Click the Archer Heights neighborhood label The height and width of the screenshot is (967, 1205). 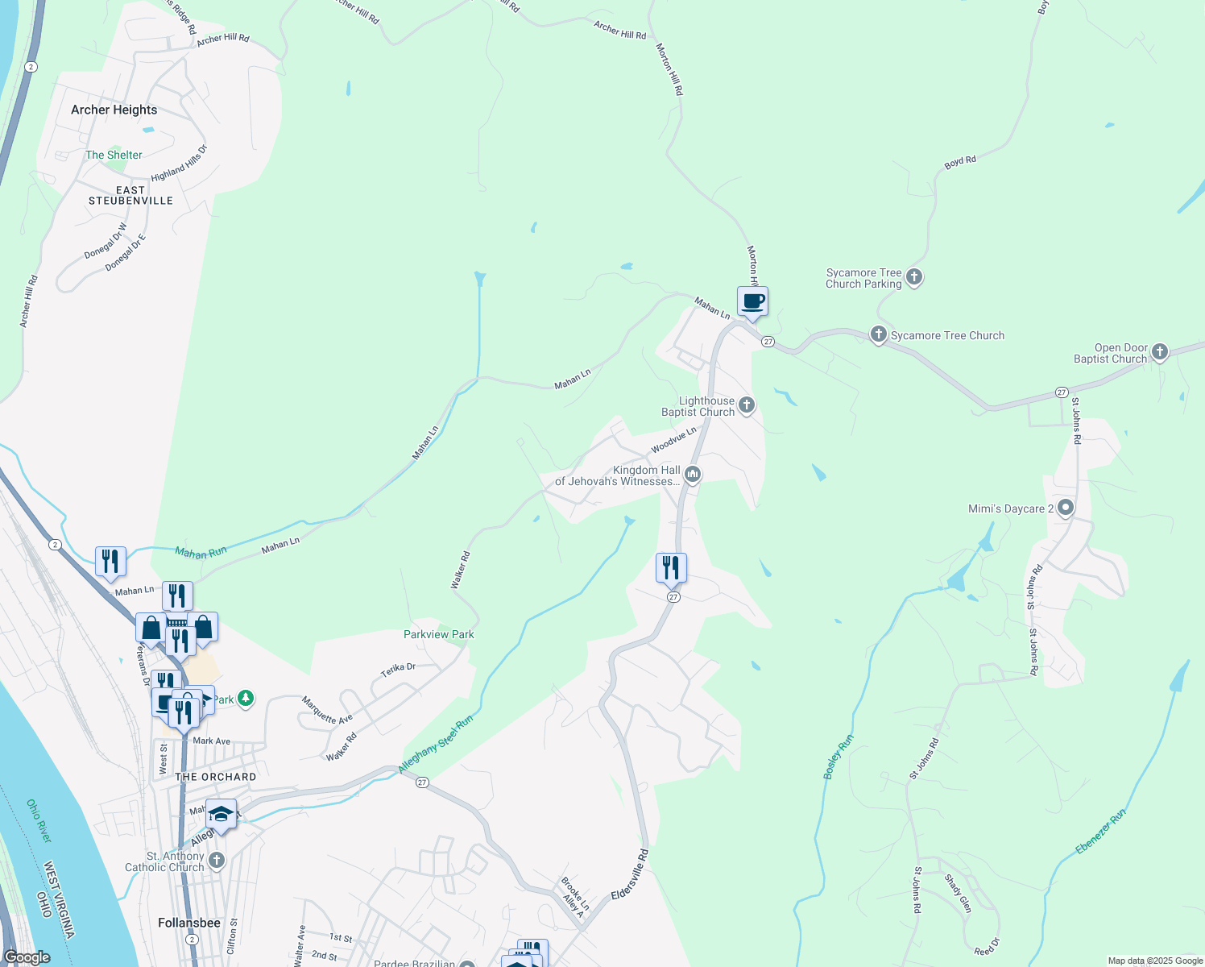[114, 110]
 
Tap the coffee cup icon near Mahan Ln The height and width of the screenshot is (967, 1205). [752, 302]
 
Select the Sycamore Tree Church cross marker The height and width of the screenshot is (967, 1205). [878, 334]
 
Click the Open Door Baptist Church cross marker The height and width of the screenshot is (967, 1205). [1159, 352]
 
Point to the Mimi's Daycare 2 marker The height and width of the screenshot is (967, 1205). [1066, 508]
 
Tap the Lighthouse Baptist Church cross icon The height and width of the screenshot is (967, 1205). [747, 405]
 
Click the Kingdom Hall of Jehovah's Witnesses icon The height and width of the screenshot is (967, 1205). [692, 475]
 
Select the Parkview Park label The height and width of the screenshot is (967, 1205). [438, 634]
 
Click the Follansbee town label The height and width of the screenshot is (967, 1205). [189, 923]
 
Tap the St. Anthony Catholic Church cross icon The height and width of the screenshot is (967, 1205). [216, 861]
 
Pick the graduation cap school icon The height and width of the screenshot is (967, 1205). [221, 815]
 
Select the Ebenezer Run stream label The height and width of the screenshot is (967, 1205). [1100, 832]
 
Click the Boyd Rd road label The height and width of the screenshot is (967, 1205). [960, 162]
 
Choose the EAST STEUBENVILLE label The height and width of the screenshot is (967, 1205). [130, 196]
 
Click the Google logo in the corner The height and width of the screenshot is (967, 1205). [27, 957]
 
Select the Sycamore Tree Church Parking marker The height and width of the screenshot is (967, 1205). [913, 277]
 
